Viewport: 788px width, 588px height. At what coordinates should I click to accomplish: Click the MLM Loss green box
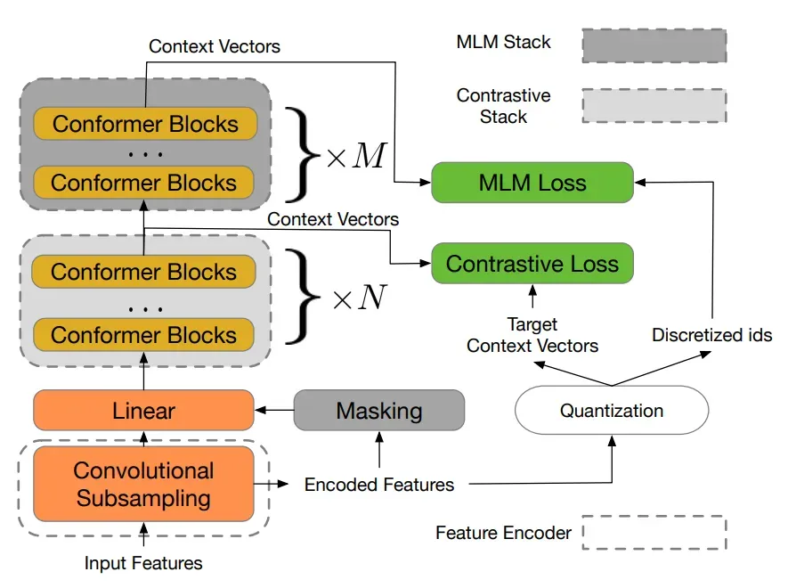pyautogui.click(x=532, y=183)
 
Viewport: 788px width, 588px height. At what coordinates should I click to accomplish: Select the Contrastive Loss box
pyautogui.click(x=532, y=264)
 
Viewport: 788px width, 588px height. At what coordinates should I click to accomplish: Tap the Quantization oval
pyautogui.click(x=612, y=410)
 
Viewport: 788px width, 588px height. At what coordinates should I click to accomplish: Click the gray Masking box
pyautogui.click(x=378, y=411)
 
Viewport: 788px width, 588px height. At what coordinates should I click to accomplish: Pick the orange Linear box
pyautogui.click(x=143, y=411)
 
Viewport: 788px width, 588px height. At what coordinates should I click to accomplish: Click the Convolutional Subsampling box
pyautogui.click(x=143, y=484)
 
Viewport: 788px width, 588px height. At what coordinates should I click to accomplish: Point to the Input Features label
pyautogui.click(x=143, y=563)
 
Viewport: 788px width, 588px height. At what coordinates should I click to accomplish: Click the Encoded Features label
pyautogui.click(x=379, y=485)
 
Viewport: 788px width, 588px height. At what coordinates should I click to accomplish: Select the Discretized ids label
pyautogui.click(x=712, y=336)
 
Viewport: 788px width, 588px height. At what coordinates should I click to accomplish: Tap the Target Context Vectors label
pyautogui.click(x=532, y=335)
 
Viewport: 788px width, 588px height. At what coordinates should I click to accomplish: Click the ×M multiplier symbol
pyautogui.click(x=356, y=156)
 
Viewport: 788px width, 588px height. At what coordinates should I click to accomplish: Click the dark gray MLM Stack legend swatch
pyautogui.click(x=654, y=45)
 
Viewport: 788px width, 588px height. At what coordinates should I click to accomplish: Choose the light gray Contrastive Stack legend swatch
pyautogui.click(x=654, y=105)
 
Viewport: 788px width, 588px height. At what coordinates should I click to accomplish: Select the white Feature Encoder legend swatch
pyautogui.click(x=654, y=533)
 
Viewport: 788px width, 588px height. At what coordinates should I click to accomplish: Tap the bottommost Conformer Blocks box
pyautogui.click(x=143, y=335)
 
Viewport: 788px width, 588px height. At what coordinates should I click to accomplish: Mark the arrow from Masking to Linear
pyautogui.click(x=274, y=411)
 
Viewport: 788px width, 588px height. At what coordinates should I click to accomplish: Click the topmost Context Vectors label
pyautogui.click(x=214, y=45)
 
